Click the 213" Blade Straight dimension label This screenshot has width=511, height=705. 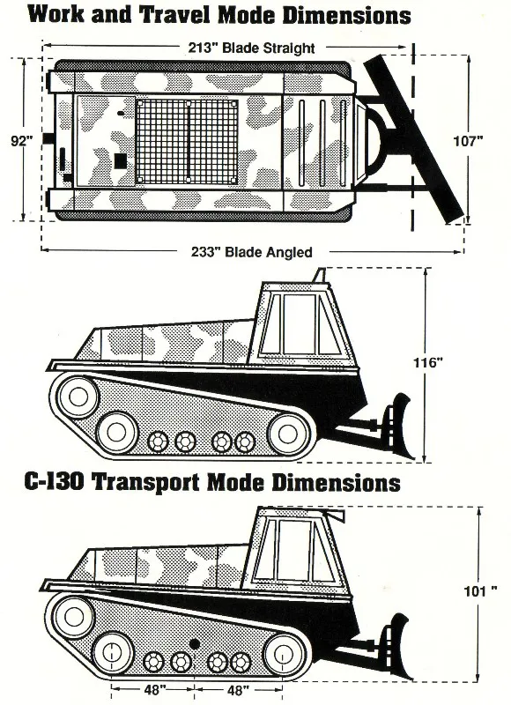click(251, 48)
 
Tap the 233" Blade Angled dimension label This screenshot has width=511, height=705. click(252, 251)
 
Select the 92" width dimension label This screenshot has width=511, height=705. click(22, 141)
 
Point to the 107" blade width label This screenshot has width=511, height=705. click(468, 141)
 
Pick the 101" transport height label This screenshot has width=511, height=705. click(480, 590)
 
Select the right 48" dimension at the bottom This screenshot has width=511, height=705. click(238, 690)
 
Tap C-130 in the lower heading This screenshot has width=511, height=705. click(54, 482)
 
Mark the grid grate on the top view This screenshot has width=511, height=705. click(187, 141)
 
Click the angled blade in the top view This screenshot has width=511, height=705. click(414, 138)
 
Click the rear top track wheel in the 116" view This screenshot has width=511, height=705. click(78, 397)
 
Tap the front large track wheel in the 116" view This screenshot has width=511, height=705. click(286, 434)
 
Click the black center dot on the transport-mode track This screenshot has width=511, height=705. click(194, 644)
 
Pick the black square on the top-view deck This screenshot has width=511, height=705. click(120, 161)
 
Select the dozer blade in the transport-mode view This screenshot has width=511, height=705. click(396, 645)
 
